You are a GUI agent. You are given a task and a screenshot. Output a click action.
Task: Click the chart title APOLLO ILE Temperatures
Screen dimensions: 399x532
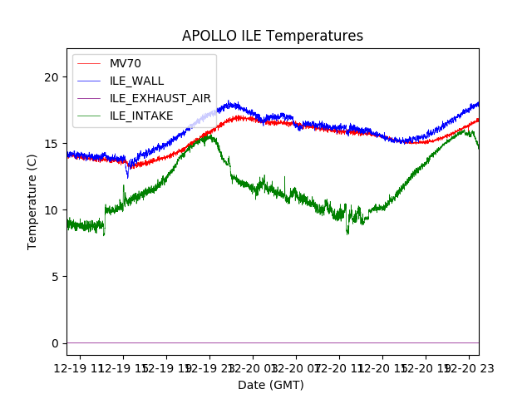[x=273, y=36]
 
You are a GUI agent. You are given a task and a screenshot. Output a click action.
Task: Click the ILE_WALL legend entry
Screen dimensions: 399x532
[x=136, y=81]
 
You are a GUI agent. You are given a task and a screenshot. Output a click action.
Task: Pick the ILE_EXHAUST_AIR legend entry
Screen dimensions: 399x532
[x=160, y=98]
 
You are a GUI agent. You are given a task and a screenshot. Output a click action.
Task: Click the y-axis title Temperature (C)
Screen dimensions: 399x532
[x=32, y=201]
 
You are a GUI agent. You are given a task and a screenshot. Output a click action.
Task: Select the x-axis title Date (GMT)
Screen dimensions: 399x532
[x=271, y=385]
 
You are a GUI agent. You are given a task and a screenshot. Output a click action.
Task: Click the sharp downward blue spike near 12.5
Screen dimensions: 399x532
[x=127, y=176]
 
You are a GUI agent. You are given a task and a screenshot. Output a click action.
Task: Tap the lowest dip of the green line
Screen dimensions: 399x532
[x=347, y=234]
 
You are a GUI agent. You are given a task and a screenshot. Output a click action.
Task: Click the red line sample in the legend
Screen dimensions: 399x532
[x=88, y=63]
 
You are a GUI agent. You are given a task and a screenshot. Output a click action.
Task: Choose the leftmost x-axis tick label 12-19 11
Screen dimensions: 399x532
[x=81, y=367]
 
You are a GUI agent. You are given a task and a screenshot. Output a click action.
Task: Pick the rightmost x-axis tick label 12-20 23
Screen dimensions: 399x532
[x=468, y=367]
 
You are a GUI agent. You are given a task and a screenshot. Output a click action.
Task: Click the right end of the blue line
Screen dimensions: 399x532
[x=478, y=103]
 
